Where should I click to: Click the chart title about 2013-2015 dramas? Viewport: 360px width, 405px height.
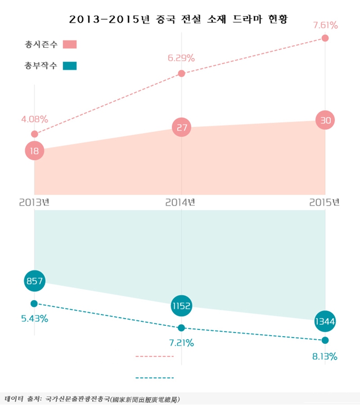coord(179,20)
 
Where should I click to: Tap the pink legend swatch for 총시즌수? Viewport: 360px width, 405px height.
coord(69,44)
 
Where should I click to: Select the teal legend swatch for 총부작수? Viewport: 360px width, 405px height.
coord(69,66)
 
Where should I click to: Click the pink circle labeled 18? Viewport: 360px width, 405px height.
coord(34,151)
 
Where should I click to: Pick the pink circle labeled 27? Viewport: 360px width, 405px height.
coord(181,127)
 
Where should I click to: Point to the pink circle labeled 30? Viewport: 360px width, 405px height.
coord(325,120)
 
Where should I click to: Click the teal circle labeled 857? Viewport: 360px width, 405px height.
coord(34,281)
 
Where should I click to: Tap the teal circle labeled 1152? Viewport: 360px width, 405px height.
coord(182,306)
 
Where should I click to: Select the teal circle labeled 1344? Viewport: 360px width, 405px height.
coord(325,322)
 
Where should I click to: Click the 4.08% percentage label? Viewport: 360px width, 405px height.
coord(34,119)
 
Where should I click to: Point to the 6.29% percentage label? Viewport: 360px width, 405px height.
coord(181,58)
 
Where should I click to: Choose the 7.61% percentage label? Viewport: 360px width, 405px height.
coord(325,25)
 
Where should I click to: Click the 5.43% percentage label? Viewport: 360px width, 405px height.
coord(34,319)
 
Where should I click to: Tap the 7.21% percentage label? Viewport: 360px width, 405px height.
coord(181,343)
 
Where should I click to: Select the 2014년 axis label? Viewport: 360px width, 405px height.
coord(181,202)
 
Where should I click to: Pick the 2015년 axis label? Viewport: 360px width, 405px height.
coord(325,202)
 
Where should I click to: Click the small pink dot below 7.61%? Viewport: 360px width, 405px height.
coord(325,38)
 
